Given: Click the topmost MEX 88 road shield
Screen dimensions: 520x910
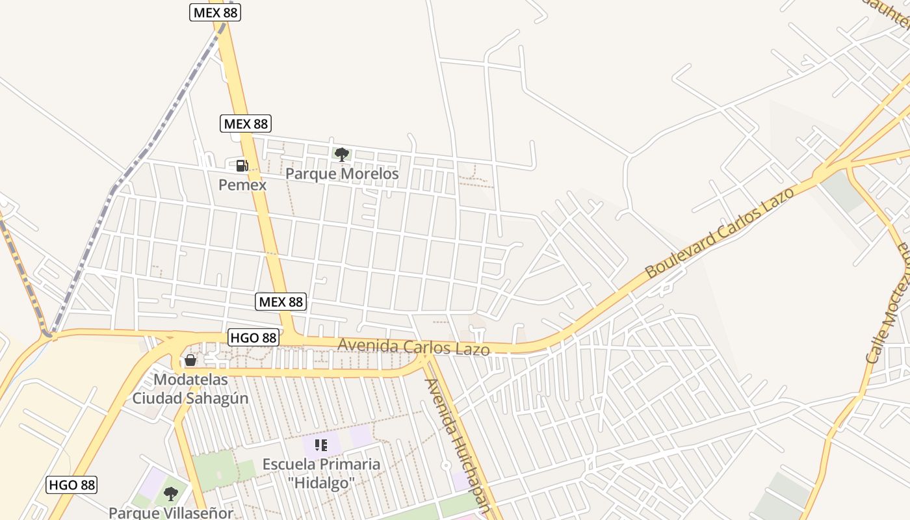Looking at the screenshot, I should click(x=215, y=12).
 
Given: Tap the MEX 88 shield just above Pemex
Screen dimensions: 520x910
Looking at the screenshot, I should click(x=245, y=123).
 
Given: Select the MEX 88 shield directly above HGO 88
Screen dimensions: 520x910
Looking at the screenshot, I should click(x=281, y=302).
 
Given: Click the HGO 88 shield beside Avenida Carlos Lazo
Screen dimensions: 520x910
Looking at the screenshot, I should click(x=253, y=337).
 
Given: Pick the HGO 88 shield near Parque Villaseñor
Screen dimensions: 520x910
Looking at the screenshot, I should click(x=72, y=485).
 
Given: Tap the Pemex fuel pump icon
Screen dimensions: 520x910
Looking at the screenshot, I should click(x=242, y=166).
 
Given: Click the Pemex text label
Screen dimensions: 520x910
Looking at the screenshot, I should click(x=242, y=185).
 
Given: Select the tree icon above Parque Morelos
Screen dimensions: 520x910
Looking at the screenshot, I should click(x=341, y=154).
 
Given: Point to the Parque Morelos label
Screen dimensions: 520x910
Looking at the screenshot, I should click(x=342, y=174).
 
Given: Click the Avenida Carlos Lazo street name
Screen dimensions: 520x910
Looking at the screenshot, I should click(x=413, y=346).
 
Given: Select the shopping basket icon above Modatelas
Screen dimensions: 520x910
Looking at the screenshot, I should click(x=190, y=360).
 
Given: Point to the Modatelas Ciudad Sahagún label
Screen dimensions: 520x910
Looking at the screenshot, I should click(x=190, y=389).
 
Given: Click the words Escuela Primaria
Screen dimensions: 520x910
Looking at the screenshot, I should click(x=321, y=464).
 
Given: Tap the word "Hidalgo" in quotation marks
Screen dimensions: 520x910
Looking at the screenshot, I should click(x=321, y=483).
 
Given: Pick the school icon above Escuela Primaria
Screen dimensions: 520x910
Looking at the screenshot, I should click(x=320, y=445).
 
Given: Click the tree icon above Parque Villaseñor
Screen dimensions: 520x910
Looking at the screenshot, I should click(x=170, y=494).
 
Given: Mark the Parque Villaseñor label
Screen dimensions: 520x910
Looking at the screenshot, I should click(x=170, y=513).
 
